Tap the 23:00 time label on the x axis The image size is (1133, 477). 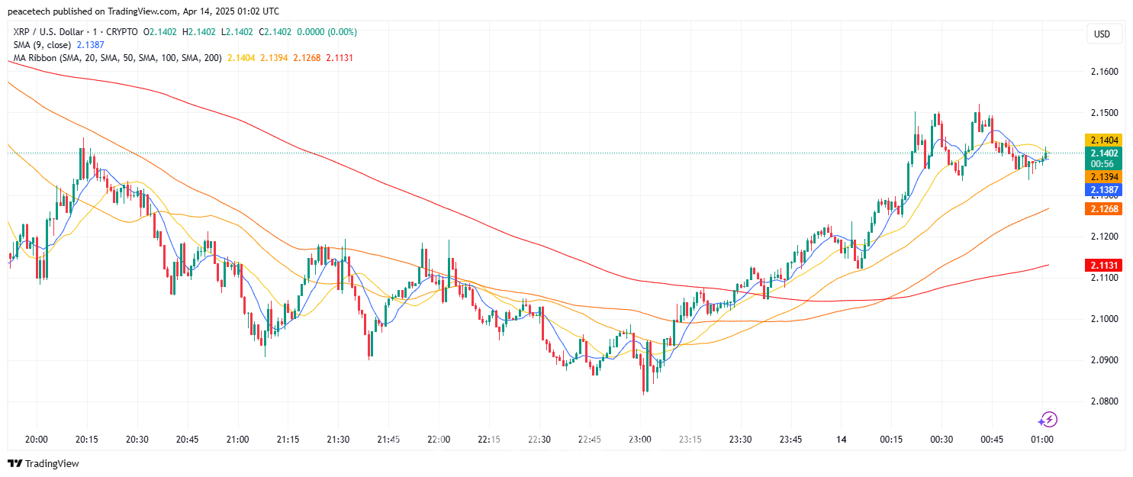639,440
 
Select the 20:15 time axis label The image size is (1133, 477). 87,440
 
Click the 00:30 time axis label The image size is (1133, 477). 941,440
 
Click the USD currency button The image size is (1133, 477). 1102,34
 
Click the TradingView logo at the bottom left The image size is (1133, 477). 43,463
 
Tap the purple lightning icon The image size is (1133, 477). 1048,419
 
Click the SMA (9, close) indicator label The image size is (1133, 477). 42,45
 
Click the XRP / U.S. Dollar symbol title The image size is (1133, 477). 48,32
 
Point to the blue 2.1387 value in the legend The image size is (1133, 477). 91,45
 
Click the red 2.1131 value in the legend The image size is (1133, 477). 340,58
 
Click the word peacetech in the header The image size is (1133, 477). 28,11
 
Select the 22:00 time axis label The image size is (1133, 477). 439,440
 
